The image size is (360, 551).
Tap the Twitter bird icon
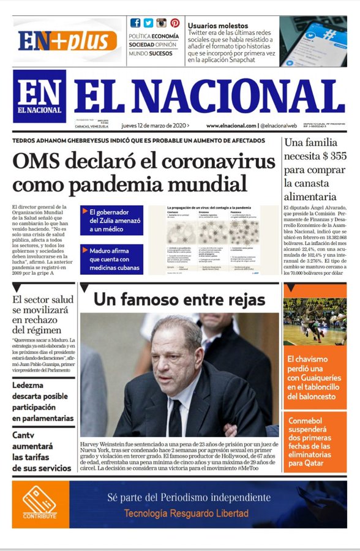click(x=149, y=23)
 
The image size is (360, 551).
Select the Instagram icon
click(x=162, y=23)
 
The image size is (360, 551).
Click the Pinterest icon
click(x=174, y=23)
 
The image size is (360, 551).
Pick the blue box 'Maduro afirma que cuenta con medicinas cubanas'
click(x=111, y=259)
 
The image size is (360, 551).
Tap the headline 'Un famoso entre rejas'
click(x=179, y=299)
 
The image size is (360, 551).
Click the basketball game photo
click(x=315, y=321)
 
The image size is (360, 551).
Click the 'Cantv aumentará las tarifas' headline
click(x=42, y=452)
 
